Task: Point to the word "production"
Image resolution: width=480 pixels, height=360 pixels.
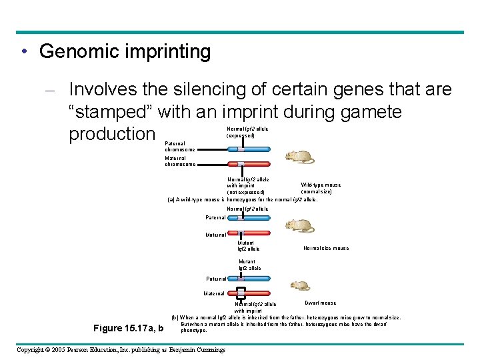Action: tap(111, 134)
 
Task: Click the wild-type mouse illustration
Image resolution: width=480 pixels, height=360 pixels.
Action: tap(299, 158)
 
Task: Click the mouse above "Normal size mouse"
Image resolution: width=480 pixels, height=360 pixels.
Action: tap(299, 226)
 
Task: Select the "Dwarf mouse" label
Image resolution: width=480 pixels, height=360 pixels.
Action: tap(321, 303)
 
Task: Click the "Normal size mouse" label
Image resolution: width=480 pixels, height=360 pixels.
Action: tap(326, 248)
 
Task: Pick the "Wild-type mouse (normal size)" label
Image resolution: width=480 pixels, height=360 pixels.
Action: tap(320, 188)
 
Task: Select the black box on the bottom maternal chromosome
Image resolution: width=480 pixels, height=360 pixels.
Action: tap(241, 292)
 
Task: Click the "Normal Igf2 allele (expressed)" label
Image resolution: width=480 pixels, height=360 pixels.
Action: tap(247, 132)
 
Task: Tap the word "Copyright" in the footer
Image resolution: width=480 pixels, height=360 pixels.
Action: tap(33, 350)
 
